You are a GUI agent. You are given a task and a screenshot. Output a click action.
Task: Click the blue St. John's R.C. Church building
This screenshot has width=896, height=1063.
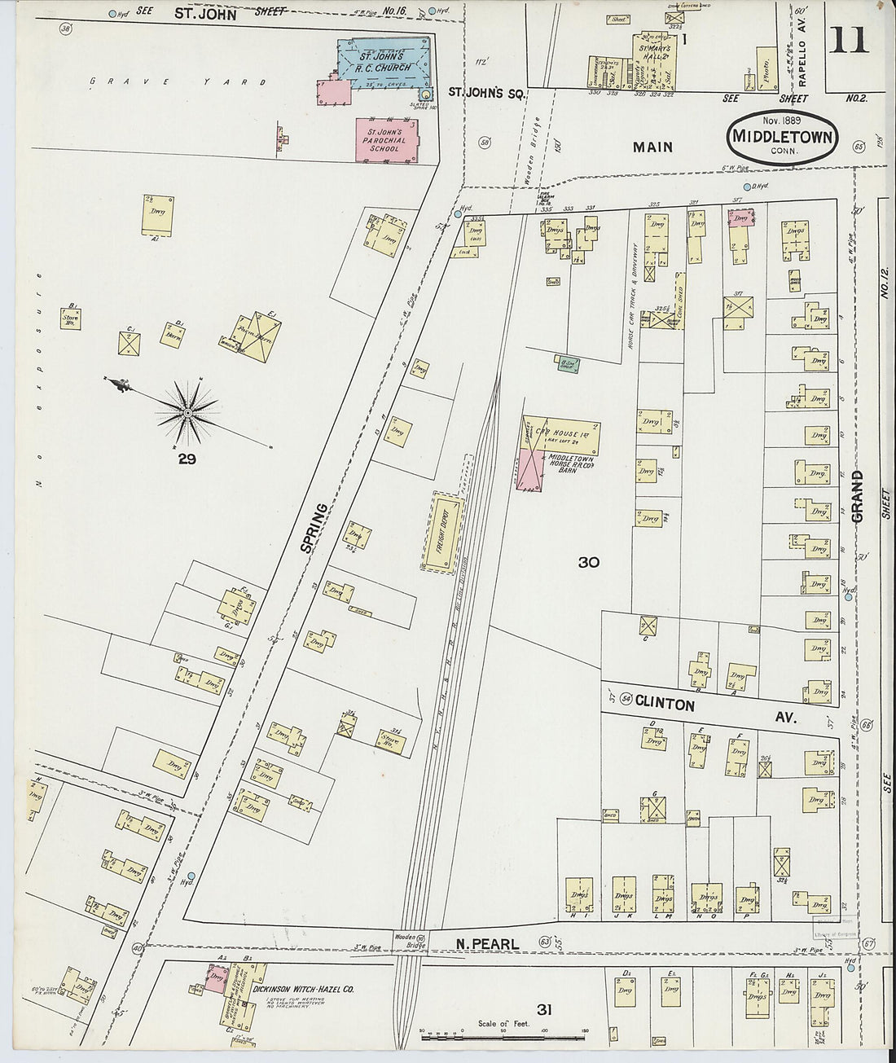(x=383, y=63)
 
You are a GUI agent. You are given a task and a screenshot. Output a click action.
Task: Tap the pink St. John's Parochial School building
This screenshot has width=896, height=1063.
(x=386, y=139)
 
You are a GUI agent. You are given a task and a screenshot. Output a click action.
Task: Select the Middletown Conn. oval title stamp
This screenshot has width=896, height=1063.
(x=782, y=136)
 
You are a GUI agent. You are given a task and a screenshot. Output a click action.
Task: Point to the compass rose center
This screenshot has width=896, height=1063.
(x=187, y=414)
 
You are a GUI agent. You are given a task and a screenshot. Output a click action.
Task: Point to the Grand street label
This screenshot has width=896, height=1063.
(x=857, y=496)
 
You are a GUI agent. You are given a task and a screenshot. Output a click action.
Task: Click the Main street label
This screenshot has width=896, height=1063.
(x=652, y=147)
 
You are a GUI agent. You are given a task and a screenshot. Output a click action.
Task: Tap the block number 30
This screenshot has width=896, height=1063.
(x=589, y=562)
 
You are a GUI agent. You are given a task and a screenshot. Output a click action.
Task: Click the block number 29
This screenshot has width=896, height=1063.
(x=187, y=459)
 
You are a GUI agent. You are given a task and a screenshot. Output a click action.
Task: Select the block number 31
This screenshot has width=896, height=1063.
(x=544, y=1010)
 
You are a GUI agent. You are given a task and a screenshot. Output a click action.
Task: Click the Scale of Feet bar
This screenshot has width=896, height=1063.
(x=503, y=1030)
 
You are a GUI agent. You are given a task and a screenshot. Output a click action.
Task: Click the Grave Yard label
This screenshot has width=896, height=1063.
(x=178, y=81)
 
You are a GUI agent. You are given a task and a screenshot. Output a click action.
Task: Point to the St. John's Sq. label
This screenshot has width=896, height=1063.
(x=485, y=94)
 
